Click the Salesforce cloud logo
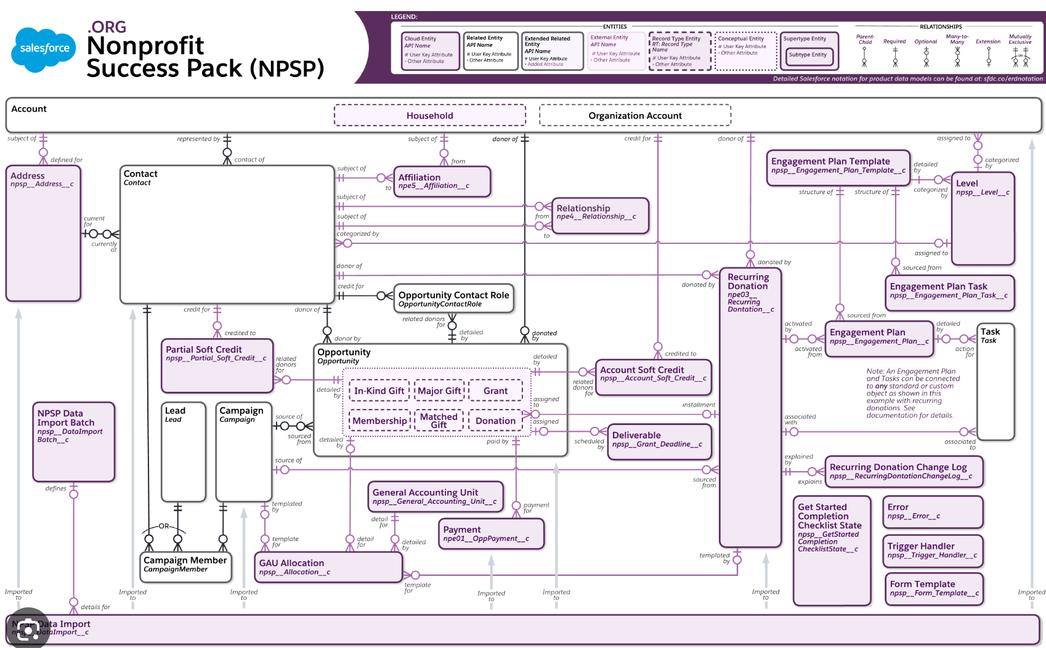(x=44, y=48)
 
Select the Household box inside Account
(x=429, y=115)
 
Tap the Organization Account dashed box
(x=634, y=115)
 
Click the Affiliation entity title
(x=420, y=177)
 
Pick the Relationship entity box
(x=600, y=215)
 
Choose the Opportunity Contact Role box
(x=453, y=299)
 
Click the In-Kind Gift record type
(x=379, y=391)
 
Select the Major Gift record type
(x=439, y=391)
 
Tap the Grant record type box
(x=495, y=391)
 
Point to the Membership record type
(x=379, y=421)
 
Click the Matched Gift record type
(x=439, y=420)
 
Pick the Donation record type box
(x=495, y=421)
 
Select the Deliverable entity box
(x=659, y=441)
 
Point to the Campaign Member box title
(x=185, y=560)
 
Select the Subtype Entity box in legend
(x=808, y=55)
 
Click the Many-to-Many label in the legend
(x=957, y=39)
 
